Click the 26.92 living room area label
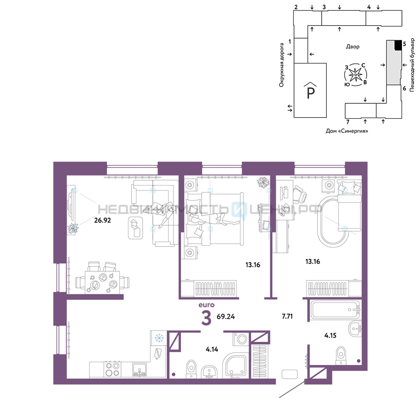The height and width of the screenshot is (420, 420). coord(102,220)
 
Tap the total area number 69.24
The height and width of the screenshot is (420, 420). coord(226,317)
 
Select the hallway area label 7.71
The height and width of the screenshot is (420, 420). coord(287,316)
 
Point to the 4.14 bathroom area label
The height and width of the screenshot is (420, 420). coord(212,349)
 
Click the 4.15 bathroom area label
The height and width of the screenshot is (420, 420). coord(330,335)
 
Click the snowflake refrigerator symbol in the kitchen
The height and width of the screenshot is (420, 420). coord(159,338)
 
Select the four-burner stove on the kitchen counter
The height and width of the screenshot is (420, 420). coord(112,369)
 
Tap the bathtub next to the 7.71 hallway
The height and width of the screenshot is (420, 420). coord(335,310)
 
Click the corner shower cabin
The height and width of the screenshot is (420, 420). coord(235,366)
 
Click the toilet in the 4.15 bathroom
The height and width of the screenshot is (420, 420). coord(341,355)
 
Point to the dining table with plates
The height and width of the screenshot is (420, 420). coord(102,282)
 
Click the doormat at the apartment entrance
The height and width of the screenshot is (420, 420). coord(289,374)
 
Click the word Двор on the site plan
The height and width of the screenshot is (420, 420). coord(352,47)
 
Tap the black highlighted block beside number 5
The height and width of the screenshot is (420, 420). coord(398,45)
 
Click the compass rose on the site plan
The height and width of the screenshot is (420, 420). coord(355,75)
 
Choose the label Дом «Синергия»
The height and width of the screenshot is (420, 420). coord(347,131)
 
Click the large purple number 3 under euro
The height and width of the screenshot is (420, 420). coord(206,318)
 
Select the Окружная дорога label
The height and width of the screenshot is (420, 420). coord(281,65)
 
